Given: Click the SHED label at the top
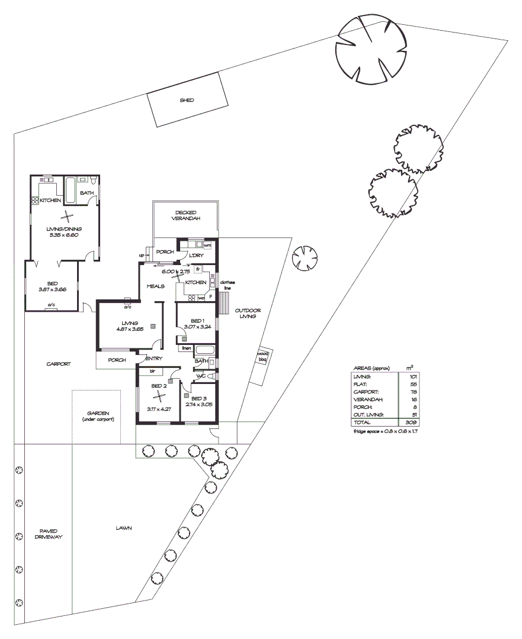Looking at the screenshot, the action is (187, 101).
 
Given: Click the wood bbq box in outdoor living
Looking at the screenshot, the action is (262, 357).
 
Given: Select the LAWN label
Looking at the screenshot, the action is (124, 528).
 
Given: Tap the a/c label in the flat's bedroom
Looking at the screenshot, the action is (52, 305).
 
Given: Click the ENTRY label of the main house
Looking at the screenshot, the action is (153, 359).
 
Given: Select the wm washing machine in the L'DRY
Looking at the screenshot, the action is (207, 245).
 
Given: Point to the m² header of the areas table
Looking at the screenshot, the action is (411, 367).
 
